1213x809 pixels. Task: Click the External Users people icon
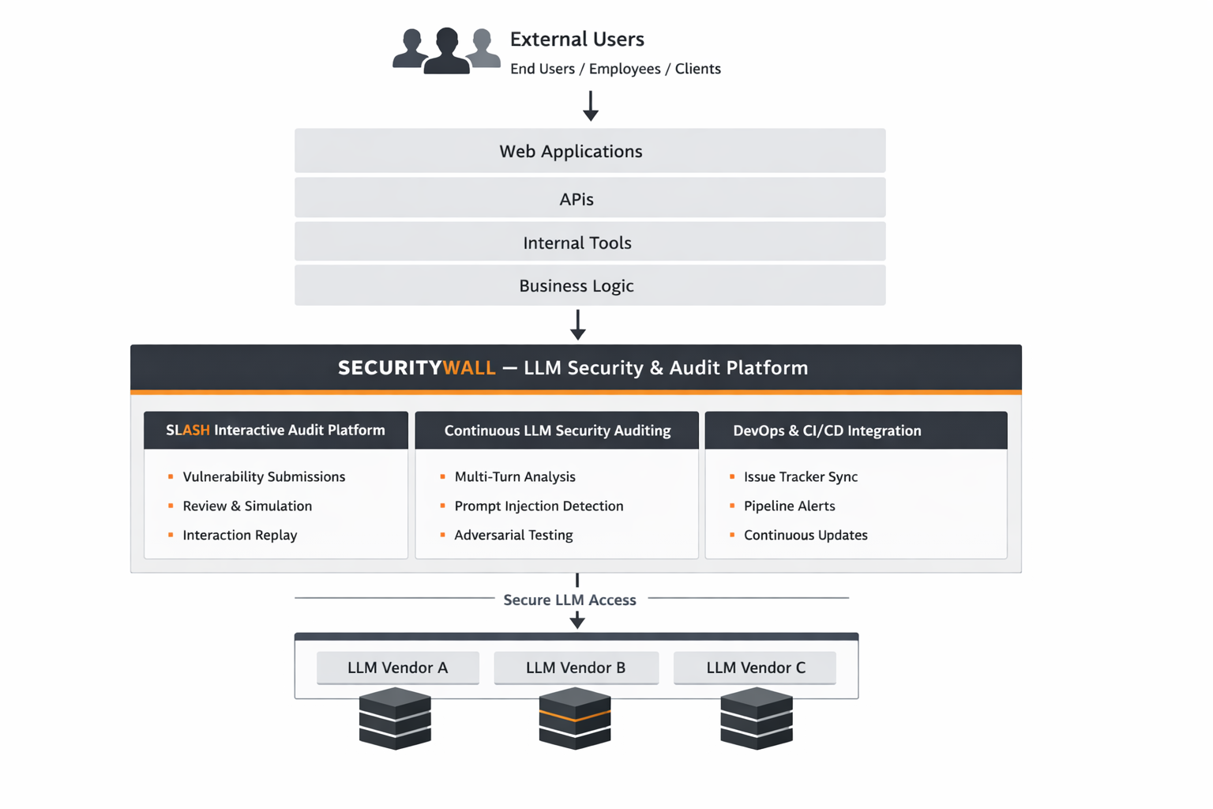(x=446, y=51)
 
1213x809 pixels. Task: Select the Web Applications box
(x=590, y=151)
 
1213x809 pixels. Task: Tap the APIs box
(x=590, y=198)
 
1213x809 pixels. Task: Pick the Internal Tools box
(x=590, y=243)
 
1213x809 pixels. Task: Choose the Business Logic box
(x=590, y=285)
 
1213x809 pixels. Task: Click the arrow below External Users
(x=590, y=106)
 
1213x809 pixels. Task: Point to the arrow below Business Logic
(x=578, y=325)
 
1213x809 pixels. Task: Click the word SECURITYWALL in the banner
(x=416, y=368)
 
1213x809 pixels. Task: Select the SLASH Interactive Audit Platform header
(x=276, y=431)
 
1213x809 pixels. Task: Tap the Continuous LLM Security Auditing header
(x=557, y=431)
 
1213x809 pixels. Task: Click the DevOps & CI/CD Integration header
(x=827, y=431)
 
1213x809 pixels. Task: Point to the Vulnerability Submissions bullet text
(x=264, y=476)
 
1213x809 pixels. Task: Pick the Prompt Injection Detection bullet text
(x=539, y=506)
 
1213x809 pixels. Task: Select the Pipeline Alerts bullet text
(x=789, y=506)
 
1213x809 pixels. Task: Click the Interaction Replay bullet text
(x=240, y=535)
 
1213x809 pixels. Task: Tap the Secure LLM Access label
(x=569, y=600)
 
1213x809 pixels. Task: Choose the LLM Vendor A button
(x=397, y=668)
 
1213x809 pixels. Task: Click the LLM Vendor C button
(x=755, y=668)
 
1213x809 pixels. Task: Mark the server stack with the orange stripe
(x=575, y=718)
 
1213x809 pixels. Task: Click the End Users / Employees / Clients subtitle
(x=615, y=69)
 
